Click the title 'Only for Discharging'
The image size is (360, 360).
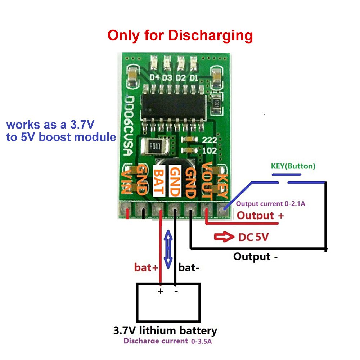point(180,36)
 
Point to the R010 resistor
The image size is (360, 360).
point(154,147)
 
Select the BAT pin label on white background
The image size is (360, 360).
point(159,181)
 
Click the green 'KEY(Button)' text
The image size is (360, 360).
point(293,166)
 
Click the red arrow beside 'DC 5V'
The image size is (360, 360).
point(224,237)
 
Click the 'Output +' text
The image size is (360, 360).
point(260,216)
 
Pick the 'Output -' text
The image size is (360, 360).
point(255,257)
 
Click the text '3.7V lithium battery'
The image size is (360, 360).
point(165,330)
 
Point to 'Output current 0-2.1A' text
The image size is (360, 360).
point(271,204)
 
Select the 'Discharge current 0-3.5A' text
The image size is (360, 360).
point(168,341)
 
